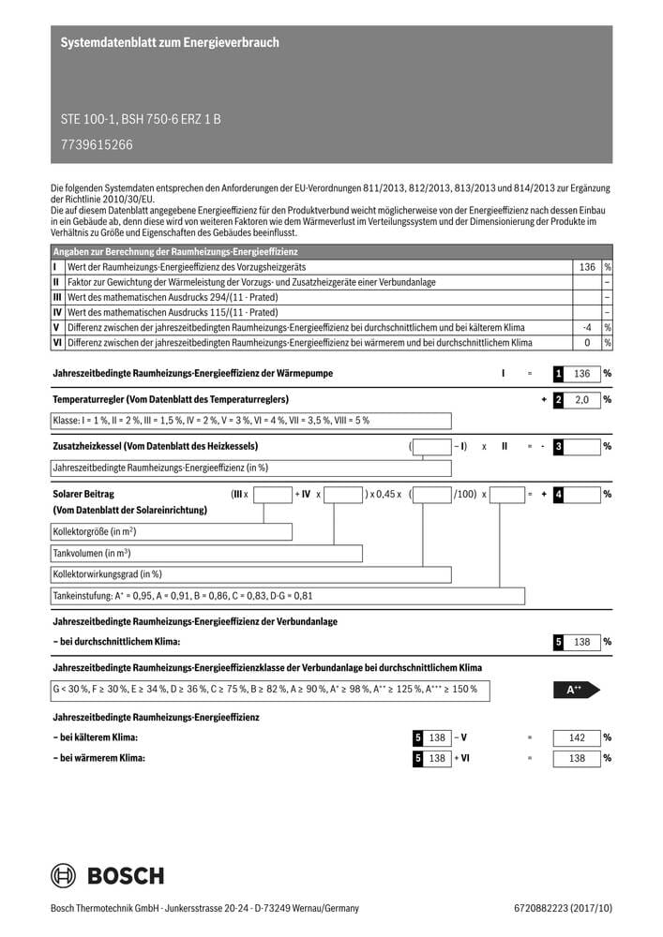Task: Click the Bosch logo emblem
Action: coord(65,876)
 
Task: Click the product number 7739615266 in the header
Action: coord(97,144)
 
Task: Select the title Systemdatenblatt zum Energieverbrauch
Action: coord(170,43)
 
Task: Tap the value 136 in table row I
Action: coord(587,267)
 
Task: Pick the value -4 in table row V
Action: coord(587,327)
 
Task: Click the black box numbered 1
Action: coord(559,374)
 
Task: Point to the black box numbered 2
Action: coord(559,400)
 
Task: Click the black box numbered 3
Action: coord(559,446)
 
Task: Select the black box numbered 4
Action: coord(559,493)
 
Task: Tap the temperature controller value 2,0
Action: coord(582,400)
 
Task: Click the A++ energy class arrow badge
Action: coord(576,690)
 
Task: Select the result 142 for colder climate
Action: coord(577,737)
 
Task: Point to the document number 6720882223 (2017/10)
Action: coord(563,908)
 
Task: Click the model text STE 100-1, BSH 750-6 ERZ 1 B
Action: coord(141,120)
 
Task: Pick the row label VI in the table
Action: coord(57,342)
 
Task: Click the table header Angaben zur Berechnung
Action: coord(175,252)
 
